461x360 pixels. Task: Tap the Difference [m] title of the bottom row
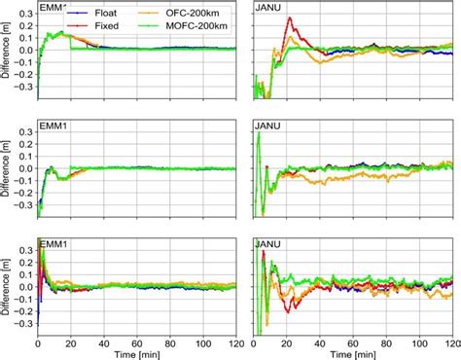click(x=7, y=284)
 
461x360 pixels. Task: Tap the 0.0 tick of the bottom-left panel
click(x=23, y=285)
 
